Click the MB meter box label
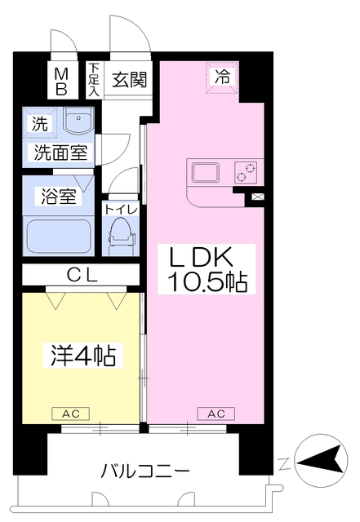coord(60,81)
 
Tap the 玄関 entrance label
coord(129,79)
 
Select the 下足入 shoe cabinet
coord(95,80)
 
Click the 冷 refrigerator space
coord(222,78)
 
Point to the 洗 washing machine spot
coord(39,126)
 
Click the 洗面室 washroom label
coord(62,153)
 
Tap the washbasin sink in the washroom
coord(78,123)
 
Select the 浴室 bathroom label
coord(56,197)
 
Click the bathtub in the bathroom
coord(59,236)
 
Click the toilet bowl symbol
coord(121,233)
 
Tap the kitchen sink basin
coord(204,172)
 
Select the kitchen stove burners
coord(245,172)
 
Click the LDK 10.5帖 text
coord(207,270)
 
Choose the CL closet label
coord(82,276)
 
